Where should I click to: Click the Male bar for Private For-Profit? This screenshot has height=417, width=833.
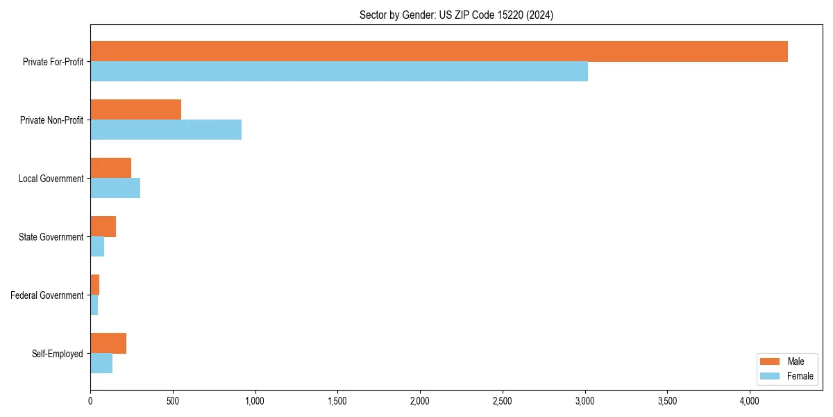click(439, 51)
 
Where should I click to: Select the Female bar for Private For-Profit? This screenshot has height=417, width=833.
click(339, 72)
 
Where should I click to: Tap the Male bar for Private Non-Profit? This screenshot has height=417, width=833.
click(135, 110)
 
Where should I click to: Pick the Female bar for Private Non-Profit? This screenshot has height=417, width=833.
click(166, 130)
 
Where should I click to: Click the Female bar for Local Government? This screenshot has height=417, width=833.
click(115, 188)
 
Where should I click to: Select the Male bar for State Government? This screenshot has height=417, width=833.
click(103, 227)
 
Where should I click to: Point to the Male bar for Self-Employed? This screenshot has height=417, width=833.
click(108, 343)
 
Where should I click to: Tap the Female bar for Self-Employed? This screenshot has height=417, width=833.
click(101, 363)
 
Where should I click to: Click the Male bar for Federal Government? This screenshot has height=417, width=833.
click(94, 285)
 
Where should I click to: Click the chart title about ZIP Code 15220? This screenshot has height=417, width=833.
click(456, 15)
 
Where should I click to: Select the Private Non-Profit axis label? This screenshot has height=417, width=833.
click(51, 120)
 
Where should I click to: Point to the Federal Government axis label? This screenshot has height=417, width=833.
click(47, 295)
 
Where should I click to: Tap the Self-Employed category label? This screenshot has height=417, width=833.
click(58, 354)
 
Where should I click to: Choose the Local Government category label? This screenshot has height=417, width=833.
click(51, 179)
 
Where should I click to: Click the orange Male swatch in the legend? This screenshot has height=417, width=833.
click(771, 361)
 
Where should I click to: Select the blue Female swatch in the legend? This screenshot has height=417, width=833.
click(771, 376)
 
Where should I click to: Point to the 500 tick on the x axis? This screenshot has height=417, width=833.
click(173, 401)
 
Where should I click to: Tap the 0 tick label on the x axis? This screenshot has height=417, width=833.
click(90, 401)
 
